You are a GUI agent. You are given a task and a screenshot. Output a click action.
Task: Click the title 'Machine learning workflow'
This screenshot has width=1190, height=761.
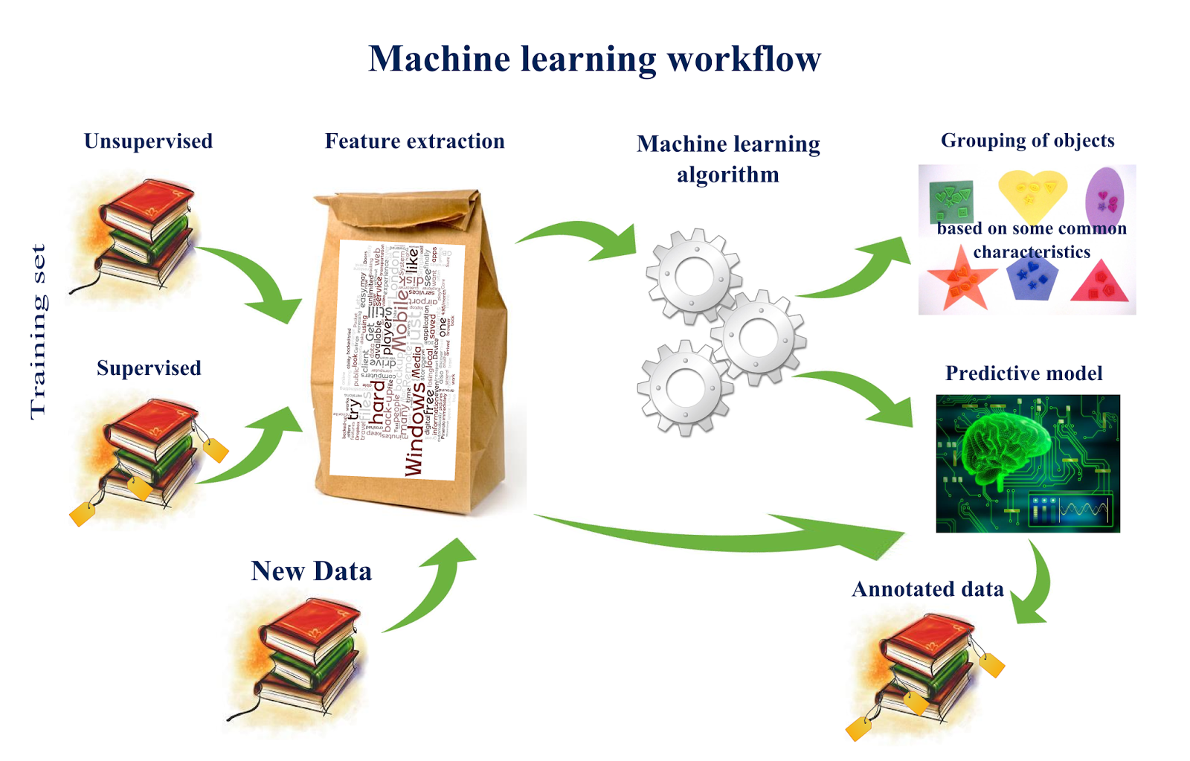(x=594, y=59)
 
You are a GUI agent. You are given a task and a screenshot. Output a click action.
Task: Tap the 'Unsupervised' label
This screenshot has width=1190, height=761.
(x=148, y=141)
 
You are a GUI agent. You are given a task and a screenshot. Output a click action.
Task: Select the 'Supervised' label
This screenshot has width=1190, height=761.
(x=149, y=368)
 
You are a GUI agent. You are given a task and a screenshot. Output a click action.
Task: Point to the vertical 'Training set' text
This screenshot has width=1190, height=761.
(x=38, y=332)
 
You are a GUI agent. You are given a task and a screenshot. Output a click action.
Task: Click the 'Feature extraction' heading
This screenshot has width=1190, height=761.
(x=414, y=141)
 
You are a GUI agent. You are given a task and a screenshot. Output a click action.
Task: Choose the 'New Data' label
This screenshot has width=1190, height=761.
(x=311, y=571)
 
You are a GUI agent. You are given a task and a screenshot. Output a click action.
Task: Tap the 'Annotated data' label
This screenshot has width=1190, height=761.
(x=927, y=589)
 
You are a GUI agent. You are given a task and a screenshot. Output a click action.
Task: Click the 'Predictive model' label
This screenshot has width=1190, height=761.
(x=1023, y=373)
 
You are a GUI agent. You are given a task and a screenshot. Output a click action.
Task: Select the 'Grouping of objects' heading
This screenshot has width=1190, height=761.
(x=1027, y=141)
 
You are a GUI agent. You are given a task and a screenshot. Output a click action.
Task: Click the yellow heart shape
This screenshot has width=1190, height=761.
(x=1032, y=192)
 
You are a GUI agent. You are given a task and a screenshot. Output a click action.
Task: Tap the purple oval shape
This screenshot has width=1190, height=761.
(x=1104, y=197)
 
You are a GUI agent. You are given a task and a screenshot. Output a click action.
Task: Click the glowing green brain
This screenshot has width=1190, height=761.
(x=1004, y=446)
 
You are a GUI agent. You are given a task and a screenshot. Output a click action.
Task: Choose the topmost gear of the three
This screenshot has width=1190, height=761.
(x=693, y=276)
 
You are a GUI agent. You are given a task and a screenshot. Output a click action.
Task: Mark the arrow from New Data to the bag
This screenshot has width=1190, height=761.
(x=431, y=588)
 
